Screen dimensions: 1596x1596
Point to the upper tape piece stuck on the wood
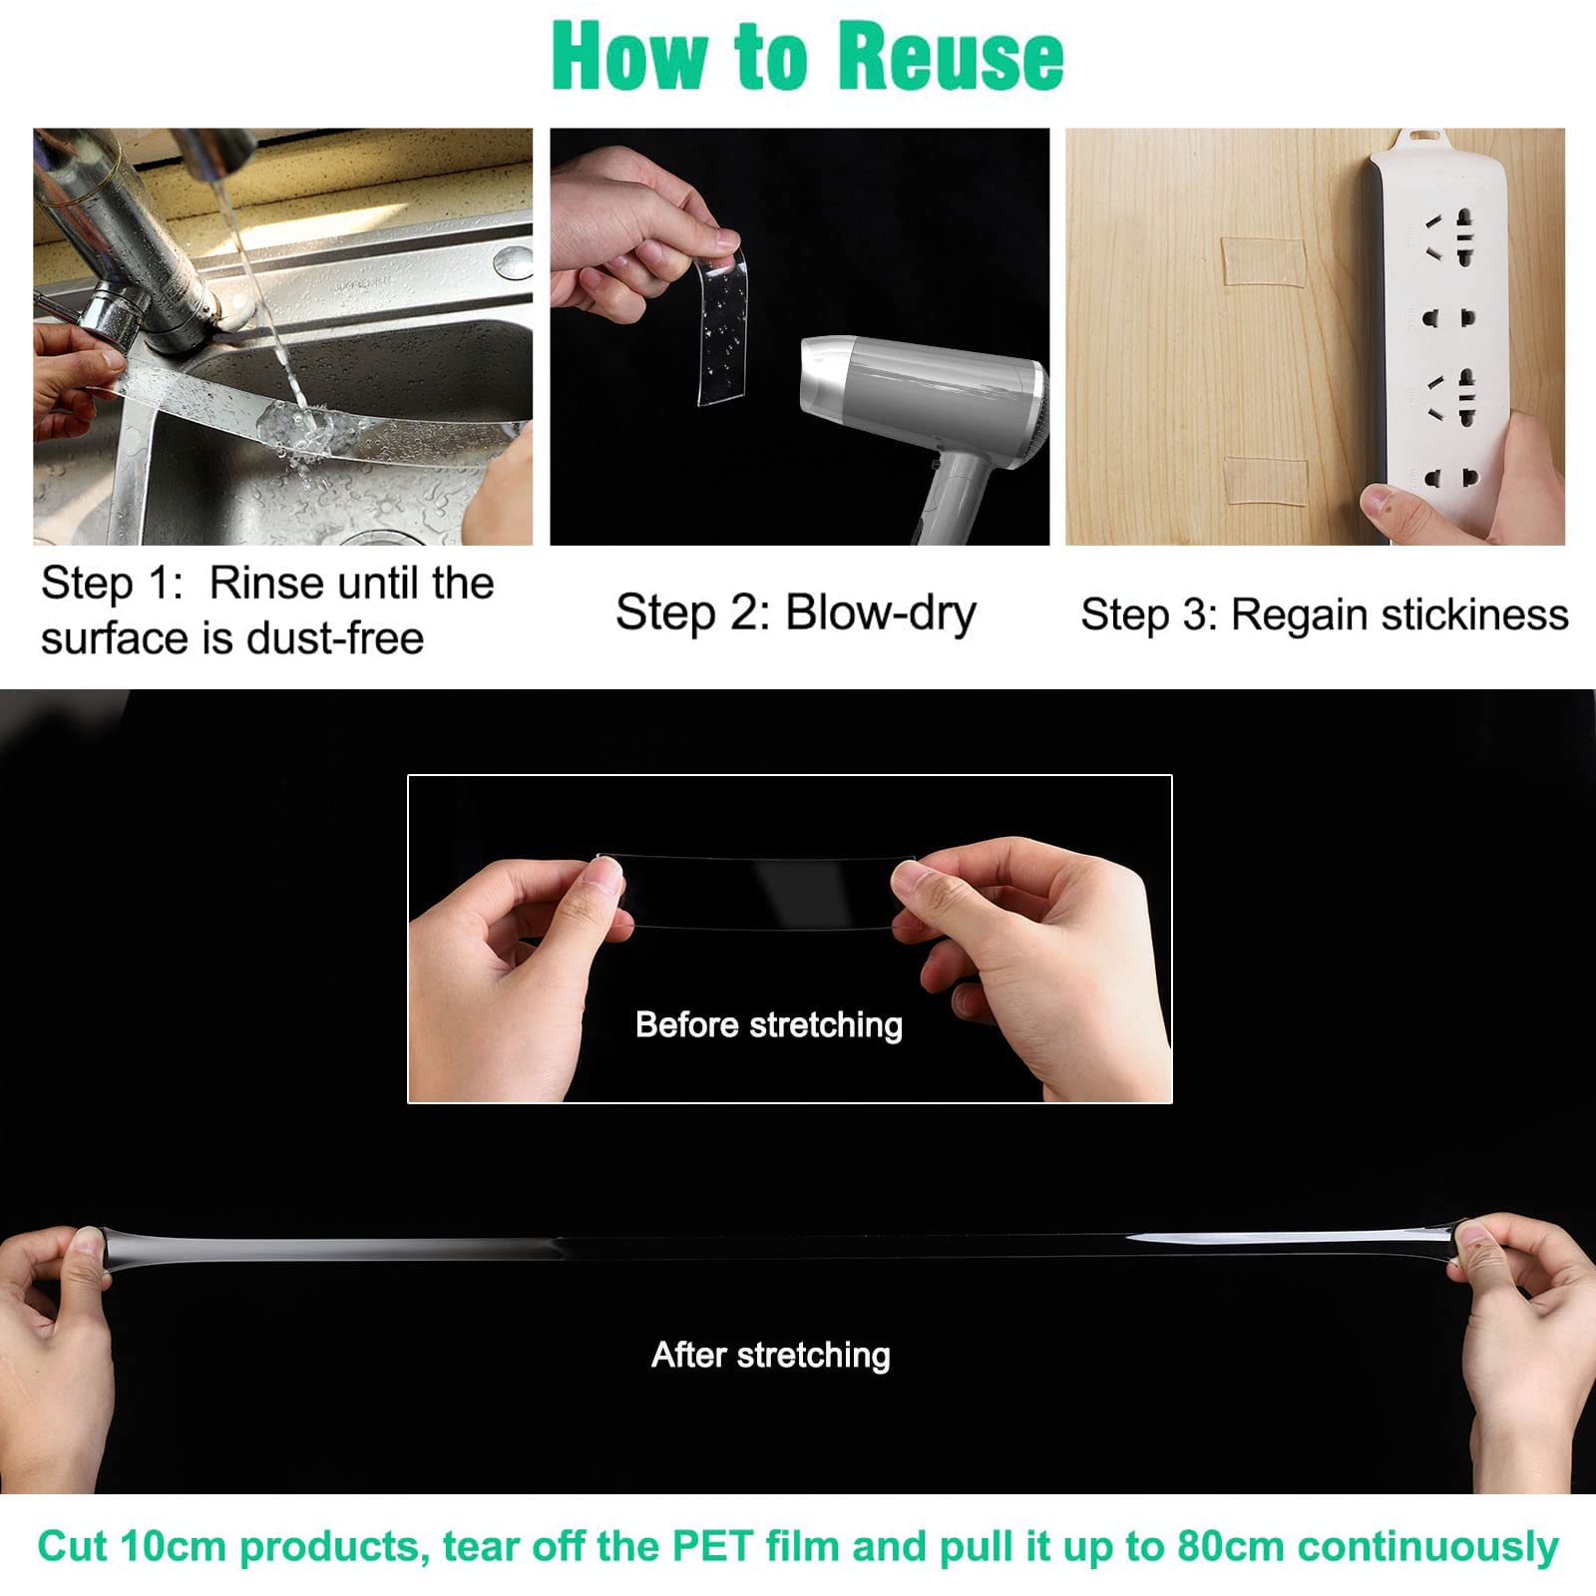point(1264,260)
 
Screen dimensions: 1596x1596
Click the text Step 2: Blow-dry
point(796,613)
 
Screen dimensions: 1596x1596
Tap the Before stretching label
point(769,1024)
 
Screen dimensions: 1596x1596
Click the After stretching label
point(771,1355)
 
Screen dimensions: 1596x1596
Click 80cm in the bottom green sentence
point(1231,1547)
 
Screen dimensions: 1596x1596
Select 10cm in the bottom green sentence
point(174,1547)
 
